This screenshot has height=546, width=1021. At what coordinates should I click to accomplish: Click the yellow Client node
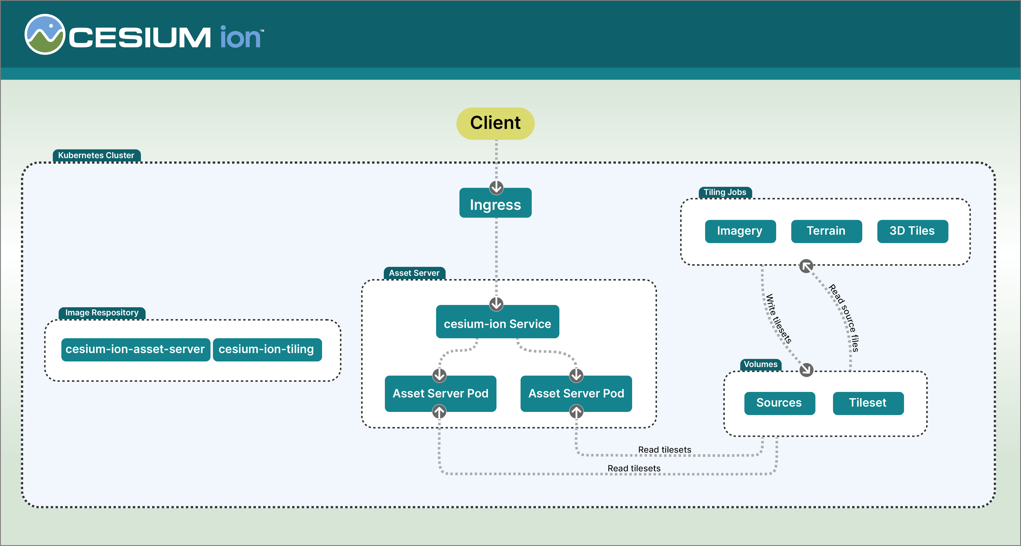495,123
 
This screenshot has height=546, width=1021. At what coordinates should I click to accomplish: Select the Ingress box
495,203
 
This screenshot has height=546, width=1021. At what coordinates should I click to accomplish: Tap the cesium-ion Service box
498,322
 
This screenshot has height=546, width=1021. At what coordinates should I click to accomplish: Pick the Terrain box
826,231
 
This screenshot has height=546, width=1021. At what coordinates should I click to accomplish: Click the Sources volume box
780,403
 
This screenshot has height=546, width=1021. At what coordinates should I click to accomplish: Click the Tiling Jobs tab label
725,192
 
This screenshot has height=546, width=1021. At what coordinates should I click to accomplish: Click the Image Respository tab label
102,313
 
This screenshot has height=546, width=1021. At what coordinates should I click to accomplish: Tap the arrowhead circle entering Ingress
496,187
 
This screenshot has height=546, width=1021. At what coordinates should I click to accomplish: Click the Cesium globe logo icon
45,35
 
